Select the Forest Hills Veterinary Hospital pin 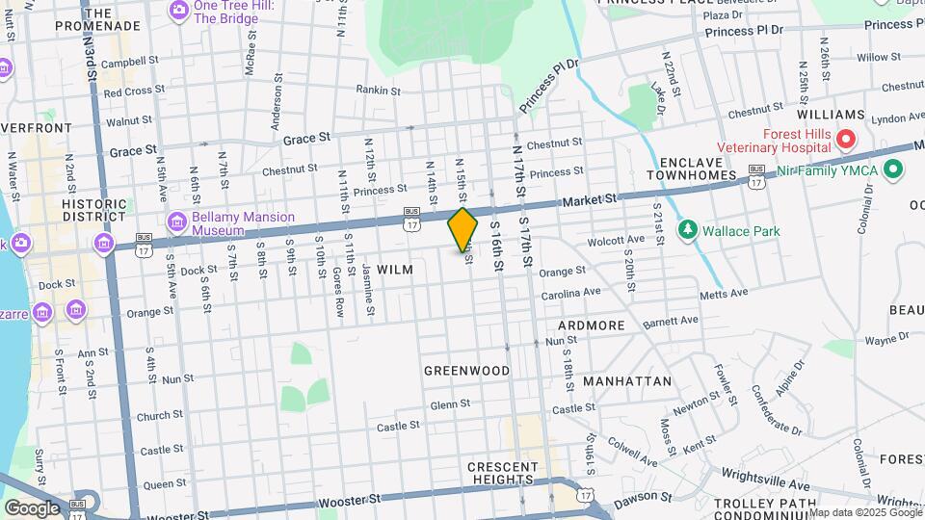[x=846, y=141]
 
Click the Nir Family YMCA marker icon [x=892, y=170]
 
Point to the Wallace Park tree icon [x=687, y=230]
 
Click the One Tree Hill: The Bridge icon [x=178, y=11]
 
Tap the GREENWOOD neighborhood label [x=467, y=371]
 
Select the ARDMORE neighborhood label [x=592, y=325]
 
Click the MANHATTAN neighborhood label [x=627, y=381]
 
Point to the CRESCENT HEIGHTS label [x=501, y=473]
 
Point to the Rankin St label [x=378, y=91]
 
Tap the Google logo [x=31, y=507]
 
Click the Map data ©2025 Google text [x=865, y=512]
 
